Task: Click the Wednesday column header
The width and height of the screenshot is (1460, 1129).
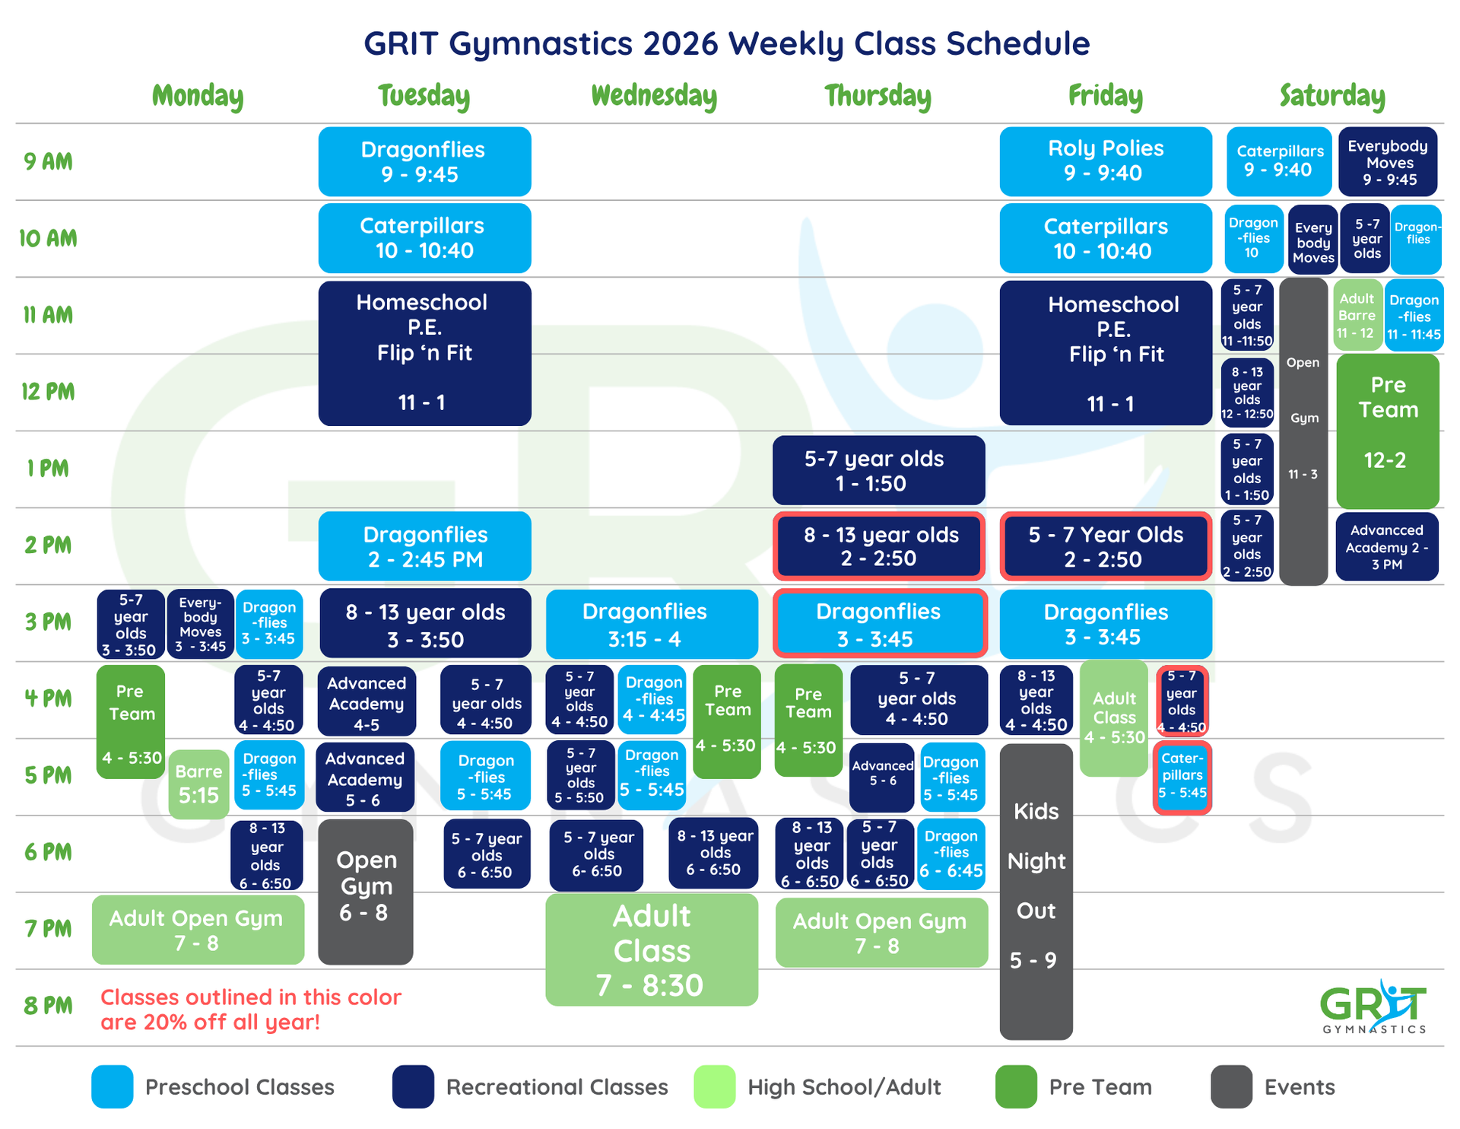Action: coord(654,96)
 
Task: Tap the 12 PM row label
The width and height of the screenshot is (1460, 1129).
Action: coord(48,392)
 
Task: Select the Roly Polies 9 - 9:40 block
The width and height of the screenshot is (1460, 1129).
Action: coord(1105,161)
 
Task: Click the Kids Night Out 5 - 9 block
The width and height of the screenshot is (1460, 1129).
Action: coord(1036,890)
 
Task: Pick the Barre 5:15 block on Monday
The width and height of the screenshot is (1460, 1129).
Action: coord(198,784)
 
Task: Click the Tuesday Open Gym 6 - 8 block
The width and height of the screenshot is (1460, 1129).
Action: coord(366,890)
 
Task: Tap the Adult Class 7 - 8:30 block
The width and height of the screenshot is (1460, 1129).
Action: coord(652,949)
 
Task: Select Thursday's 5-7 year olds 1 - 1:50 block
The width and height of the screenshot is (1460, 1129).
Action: coord(878,470)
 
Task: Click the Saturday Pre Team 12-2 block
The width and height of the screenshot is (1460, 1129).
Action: coord(1387,431)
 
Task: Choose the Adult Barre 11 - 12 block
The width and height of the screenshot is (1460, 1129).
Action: coord(1357,315)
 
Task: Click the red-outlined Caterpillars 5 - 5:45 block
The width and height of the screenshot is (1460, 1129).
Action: coord(1182,777)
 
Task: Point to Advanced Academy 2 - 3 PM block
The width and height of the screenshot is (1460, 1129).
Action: coord(1386,547)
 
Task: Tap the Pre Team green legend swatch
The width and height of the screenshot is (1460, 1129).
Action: coord(1015,1086)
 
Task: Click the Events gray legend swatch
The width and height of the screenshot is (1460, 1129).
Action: coord(1231,1086)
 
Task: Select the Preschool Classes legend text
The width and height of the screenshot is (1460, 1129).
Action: coord(240,1086)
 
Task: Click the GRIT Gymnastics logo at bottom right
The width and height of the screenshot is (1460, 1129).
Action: coord(1373,1007)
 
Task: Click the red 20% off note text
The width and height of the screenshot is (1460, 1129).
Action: coord(250,1009)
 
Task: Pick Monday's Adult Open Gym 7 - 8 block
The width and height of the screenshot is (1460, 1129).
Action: coord(198,930)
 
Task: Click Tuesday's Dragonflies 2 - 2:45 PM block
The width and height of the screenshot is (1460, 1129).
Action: coord(424,546)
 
